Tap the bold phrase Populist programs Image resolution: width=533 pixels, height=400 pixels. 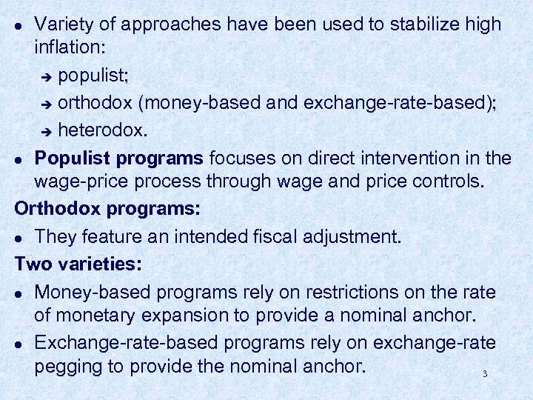pos(119,159)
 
